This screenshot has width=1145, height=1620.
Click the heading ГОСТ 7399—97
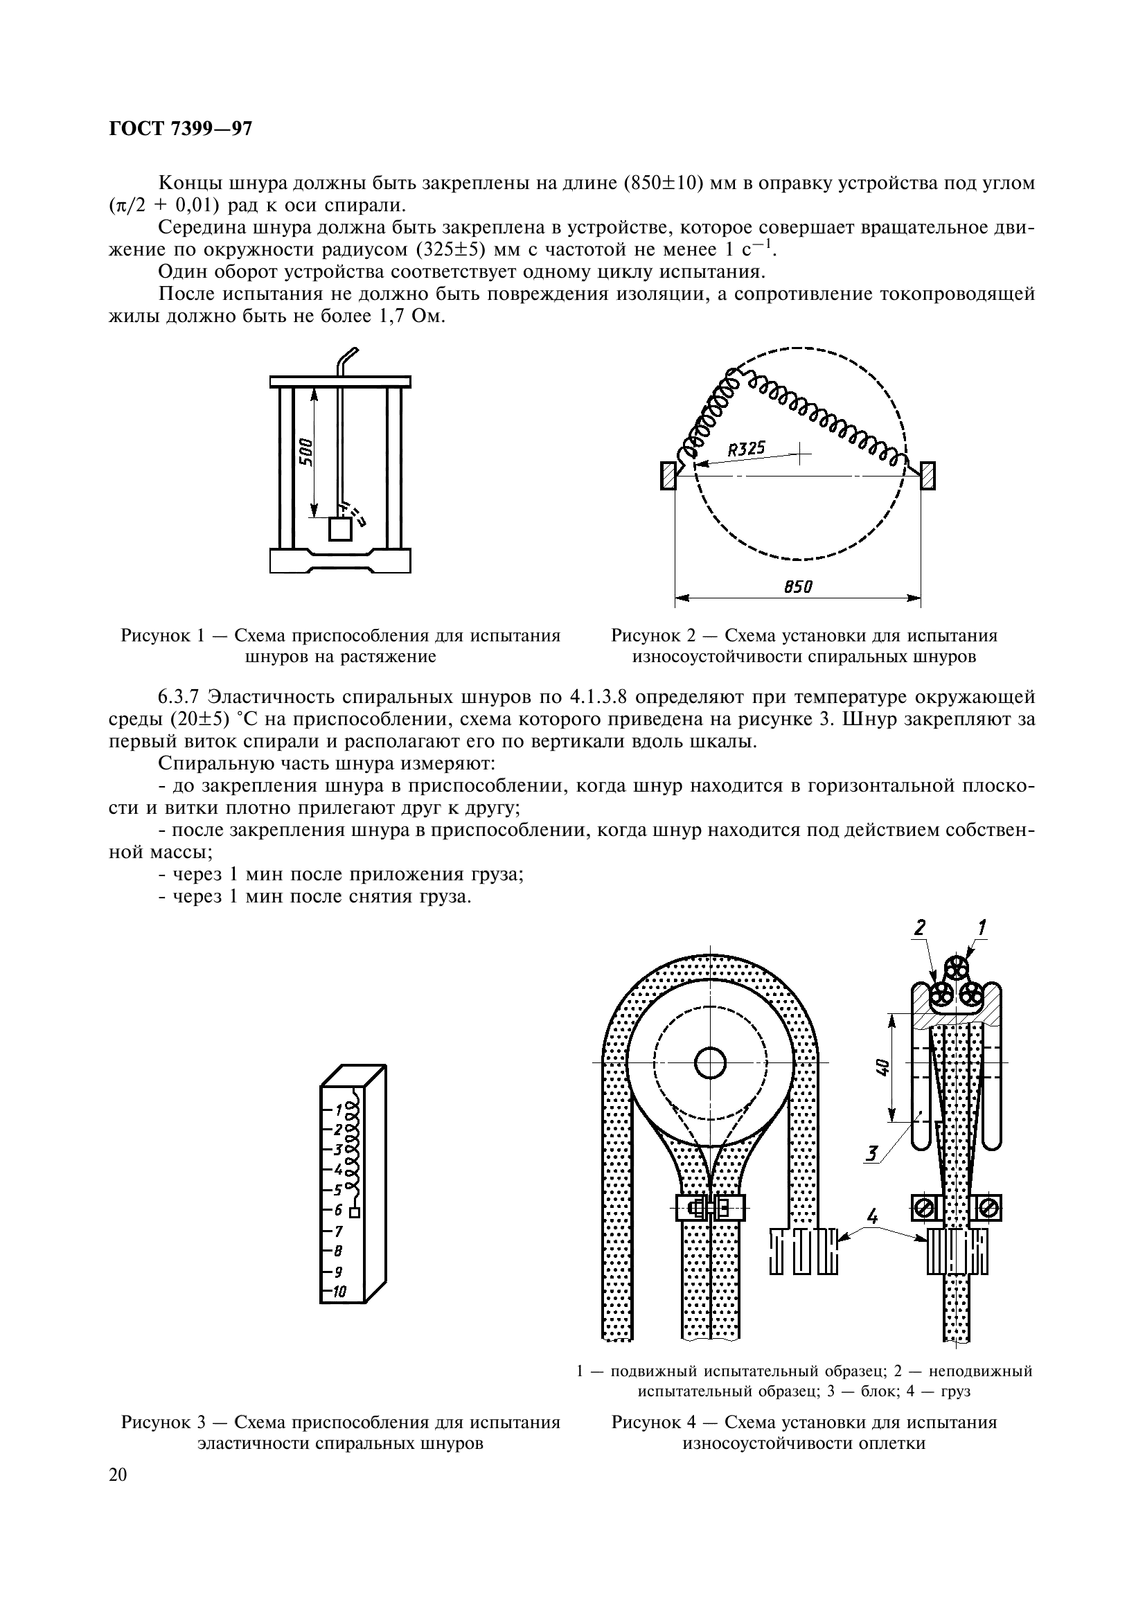tap(180, 129)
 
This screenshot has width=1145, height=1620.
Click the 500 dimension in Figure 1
tap(306, 451)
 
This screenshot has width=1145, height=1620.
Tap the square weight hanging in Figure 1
tap(340, 529)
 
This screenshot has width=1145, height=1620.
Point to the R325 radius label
tap(746, 449)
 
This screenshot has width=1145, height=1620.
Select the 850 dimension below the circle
tap(798, 587)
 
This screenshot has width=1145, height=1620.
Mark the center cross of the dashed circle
tap(800, 454)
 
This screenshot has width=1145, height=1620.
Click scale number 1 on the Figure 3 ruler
tap(339, 1108)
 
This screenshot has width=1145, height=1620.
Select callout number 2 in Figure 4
tap(919, 929)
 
